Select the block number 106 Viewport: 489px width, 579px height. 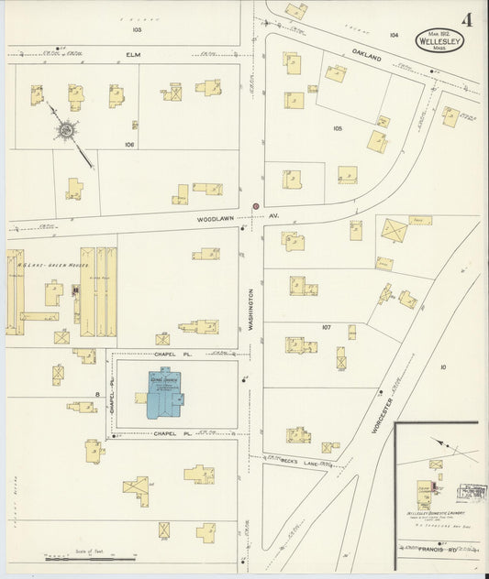[129, 144]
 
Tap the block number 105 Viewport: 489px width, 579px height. [337, 128]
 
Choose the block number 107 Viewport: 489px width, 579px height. [327, 327]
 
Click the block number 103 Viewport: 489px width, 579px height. [137, 30]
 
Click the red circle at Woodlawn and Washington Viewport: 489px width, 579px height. [256, 206]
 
